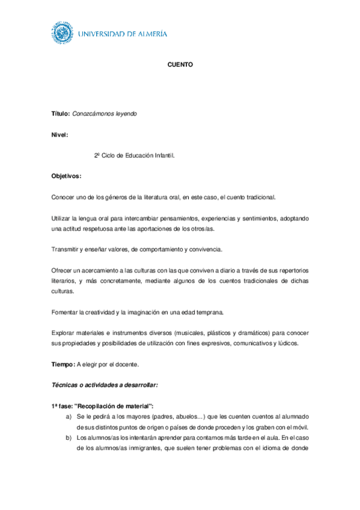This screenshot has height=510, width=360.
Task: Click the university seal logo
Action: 62,34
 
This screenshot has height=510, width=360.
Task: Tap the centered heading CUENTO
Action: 180,64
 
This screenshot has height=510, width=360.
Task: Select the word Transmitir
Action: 66,249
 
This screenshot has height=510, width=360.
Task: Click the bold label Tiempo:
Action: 63,364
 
